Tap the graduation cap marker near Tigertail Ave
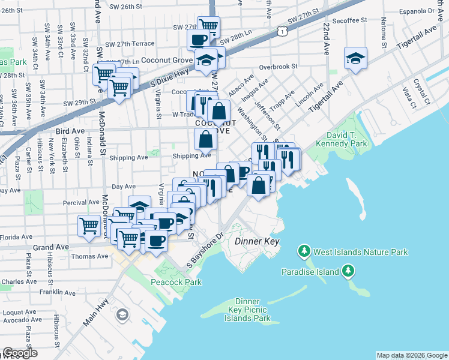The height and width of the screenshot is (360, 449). (355, 59)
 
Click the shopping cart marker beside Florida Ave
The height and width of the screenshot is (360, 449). (89, 226)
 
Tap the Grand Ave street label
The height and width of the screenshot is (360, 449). (48, 247)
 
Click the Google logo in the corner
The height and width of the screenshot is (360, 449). (20, 353)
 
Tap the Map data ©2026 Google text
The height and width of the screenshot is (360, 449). (411, 355)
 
